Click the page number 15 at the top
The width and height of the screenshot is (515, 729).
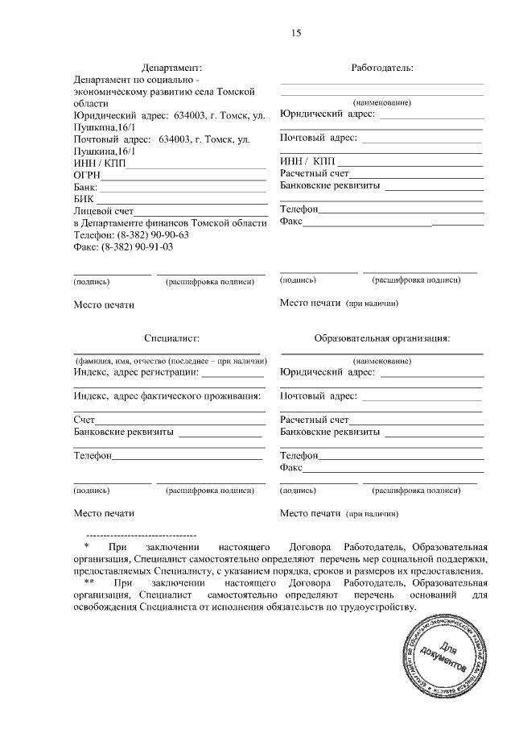pyautogui.click(x=296, y=33)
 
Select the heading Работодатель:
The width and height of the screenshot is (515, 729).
pyautogui.click(x=382, y=68)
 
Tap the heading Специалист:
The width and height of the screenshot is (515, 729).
pyautogui.click(x=171, y=339)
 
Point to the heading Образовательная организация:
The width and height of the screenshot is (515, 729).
pyautogui.click(x=382, y=339)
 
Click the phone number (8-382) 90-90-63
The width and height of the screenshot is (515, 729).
pyautogui.click(x=153, y=234)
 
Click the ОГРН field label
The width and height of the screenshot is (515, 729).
pyautogui.click(x=87, y=174)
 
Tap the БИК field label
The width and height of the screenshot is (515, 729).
pyautogui.click(x=84, y=199)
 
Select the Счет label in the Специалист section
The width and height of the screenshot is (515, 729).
pyautogui.click(x=84, y=420)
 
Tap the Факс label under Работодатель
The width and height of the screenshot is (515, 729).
pyautogui.click(x=290, y=222)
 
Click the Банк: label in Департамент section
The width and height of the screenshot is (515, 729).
pyautogui.click(x=85, y=187)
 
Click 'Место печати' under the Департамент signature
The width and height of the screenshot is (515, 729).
pyautogui.click(x=104, y=305)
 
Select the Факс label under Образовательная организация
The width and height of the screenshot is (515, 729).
pyautogui.click(x=290, y=467)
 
